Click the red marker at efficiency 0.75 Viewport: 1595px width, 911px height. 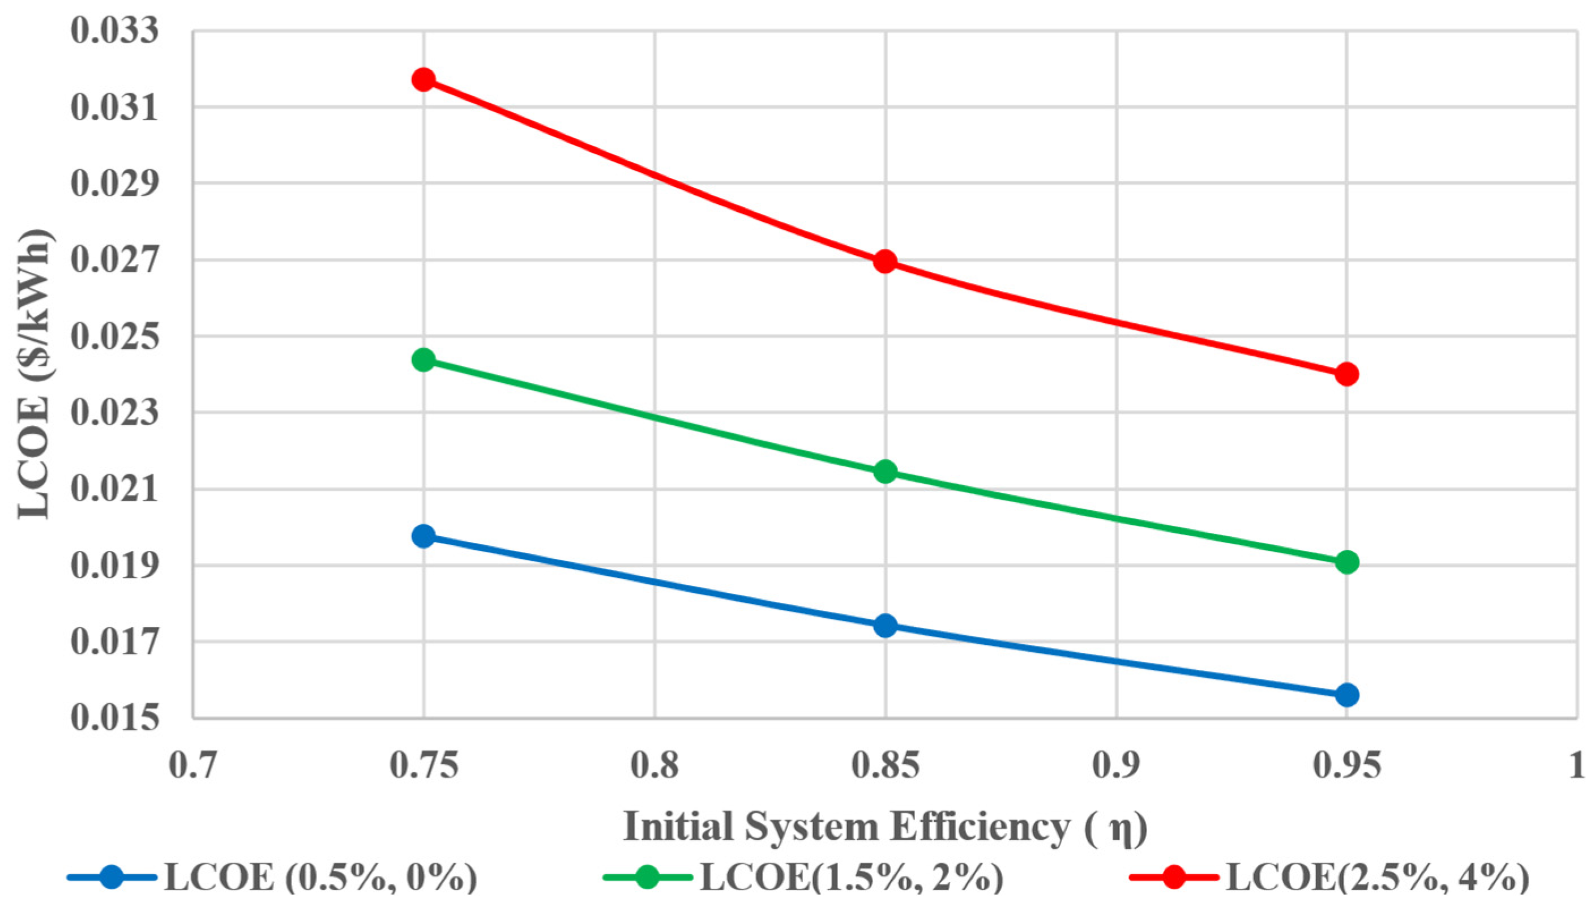point(424,80)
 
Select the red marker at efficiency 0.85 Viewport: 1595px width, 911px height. point(885,262)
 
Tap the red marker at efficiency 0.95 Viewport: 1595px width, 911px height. point(1346,375)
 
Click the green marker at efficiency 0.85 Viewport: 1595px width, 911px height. point(885,472)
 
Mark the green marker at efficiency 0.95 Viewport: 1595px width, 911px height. point(1346,562)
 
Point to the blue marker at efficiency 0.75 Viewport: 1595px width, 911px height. point(424,536)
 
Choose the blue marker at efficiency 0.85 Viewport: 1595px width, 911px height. point(885,625)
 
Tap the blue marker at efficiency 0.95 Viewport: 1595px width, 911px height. point(1346,695)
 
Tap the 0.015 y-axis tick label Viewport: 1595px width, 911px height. point(114,718)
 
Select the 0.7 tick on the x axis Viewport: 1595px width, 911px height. point(193,766)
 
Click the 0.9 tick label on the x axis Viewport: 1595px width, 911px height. point(1116,766)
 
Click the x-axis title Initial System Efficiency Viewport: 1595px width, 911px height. point(885,827)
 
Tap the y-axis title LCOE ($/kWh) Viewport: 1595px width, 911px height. point(35,374)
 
